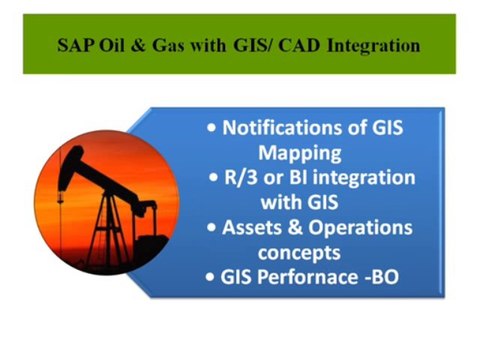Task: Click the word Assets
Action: pos(259,228)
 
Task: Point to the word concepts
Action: pos(306,252)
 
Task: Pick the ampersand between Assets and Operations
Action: pos(301,228)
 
